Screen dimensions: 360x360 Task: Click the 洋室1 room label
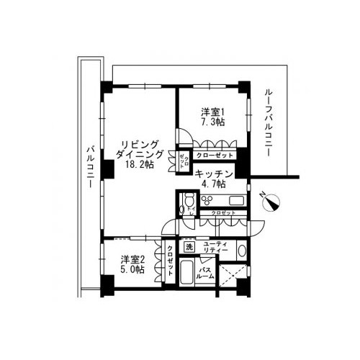[x=212, y=112]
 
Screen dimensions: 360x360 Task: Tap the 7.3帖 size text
[x=212, y=122]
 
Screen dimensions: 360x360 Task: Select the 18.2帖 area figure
[x=139, y=164]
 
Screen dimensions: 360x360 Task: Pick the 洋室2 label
[x=133, y=258]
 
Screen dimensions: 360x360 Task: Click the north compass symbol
[x=271, y=202]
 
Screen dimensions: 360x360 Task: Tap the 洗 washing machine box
[x=189, y=248]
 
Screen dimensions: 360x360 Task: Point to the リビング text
[x=139, y=143]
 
